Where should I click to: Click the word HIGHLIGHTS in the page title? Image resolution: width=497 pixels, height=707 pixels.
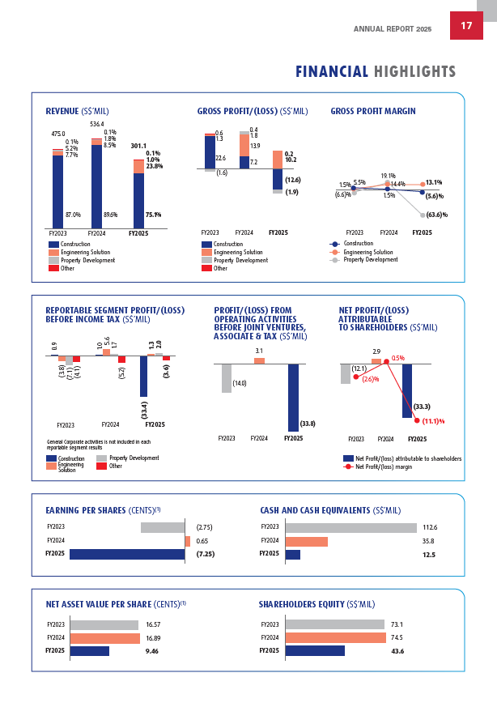pos(414,72)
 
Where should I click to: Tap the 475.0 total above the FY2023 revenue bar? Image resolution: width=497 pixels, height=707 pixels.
pos(58,134)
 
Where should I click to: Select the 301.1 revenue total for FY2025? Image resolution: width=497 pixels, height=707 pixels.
pos(138,146)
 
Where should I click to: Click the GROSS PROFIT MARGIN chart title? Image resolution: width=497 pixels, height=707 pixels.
pos(373,111)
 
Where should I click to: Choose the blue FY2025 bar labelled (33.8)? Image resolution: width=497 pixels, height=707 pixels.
pos(293,397)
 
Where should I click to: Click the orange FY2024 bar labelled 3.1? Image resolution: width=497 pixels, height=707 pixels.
pos(259,360)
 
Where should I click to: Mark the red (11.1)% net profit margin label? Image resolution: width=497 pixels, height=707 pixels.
pos(434,421)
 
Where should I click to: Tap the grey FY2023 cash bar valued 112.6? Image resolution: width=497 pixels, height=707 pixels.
pos(350,527)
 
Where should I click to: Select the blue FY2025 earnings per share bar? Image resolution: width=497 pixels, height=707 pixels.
pos(127,555)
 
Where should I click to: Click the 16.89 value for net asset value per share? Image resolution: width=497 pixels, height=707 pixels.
pos(154,637)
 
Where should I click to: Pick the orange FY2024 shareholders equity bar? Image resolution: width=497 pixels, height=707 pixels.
pos(335,637)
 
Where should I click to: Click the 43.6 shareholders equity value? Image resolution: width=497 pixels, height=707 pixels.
pos(397,651)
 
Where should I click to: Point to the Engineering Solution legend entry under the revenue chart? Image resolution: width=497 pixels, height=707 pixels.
pos(77,252)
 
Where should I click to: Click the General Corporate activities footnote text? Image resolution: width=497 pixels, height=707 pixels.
pos(98,444)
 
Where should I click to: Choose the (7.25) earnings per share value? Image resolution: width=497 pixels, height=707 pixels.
pos(205,555)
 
